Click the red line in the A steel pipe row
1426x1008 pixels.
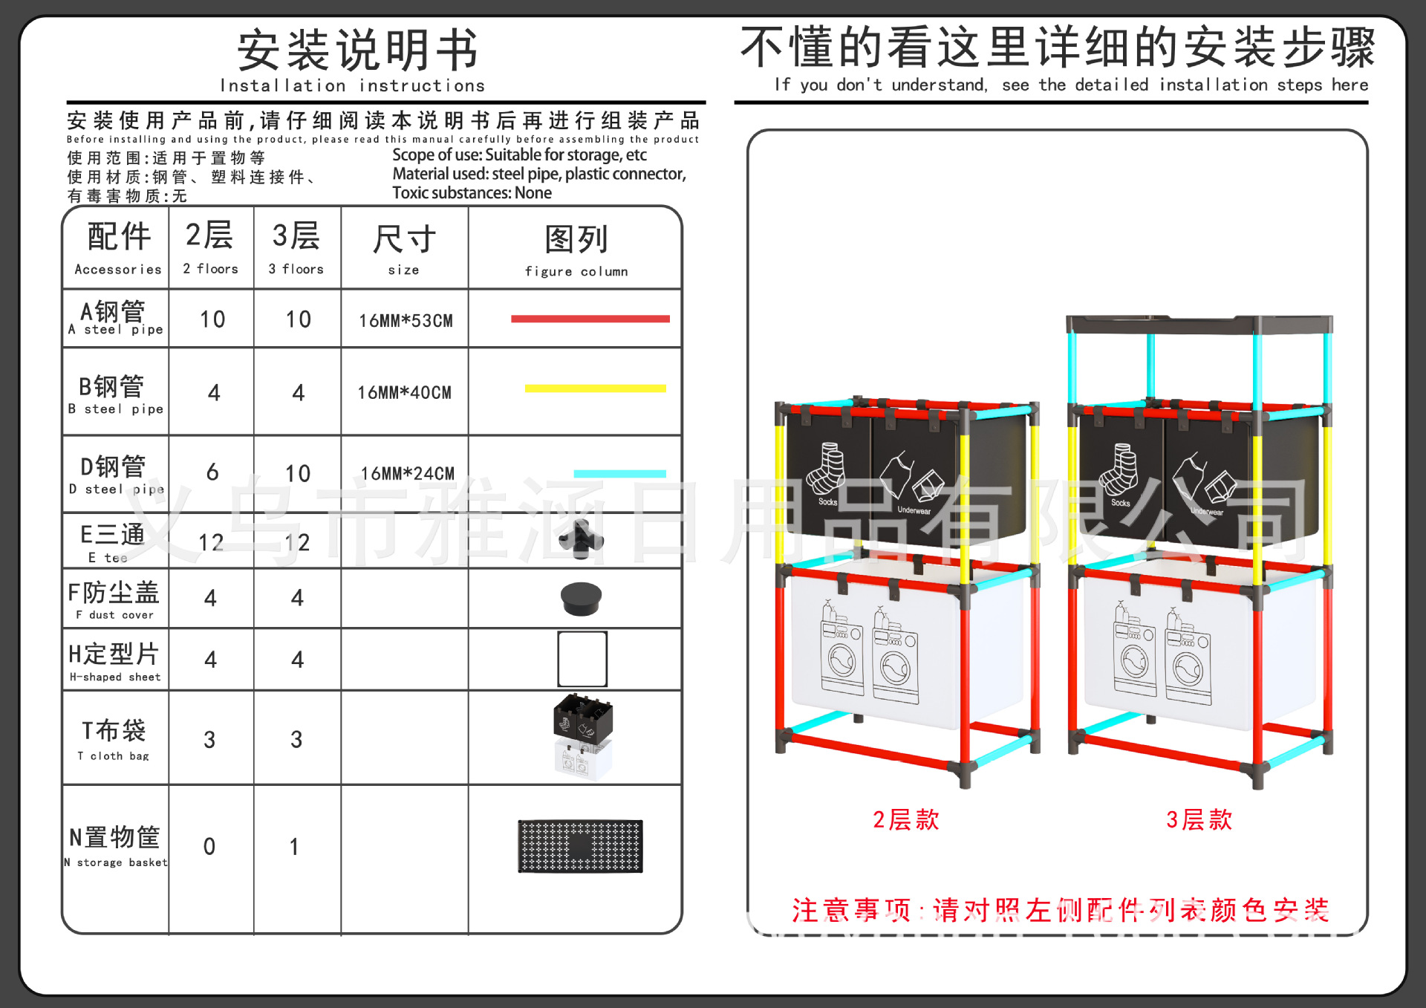590,319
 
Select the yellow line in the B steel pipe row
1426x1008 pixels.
595,388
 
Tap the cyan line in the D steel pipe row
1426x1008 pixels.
619,474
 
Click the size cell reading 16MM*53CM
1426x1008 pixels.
406,321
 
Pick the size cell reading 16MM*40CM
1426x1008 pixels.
405,392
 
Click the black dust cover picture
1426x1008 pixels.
581,599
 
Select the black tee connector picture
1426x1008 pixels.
581,539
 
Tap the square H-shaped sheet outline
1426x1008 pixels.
582,659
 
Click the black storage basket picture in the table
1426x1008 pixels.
580,846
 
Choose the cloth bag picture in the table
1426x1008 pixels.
583,736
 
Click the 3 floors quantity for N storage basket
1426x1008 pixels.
295,847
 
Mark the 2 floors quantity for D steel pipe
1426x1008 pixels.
212,472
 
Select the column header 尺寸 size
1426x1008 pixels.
404,248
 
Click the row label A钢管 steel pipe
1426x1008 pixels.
114,318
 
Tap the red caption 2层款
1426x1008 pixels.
906,820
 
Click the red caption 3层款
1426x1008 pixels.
1199,820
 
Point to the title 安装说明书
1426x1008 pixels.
357,51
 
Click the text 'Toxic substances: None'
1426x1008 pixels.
472,193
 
